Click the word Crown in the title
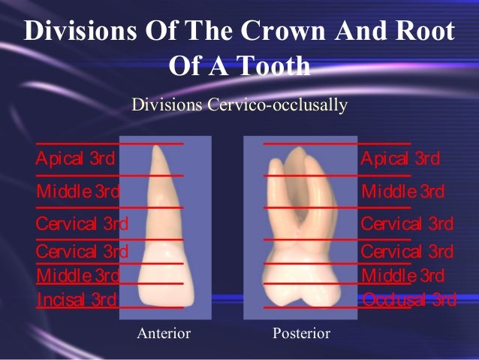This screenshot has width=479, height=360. [282, 32]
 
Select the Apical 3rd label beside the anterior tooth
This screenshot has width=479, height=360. [75, 159]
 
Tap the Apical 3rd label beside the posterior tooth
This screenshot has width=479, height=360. [400, 159]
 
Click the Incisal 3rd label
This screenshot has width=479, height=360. [76, 301]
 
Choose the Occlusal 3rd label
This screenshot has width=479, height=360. [408, 301]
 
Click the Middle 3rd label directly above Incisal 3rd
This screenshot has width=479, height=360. [77, 275]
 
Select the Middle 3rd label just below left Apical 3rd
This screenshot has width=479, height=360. [77, 192]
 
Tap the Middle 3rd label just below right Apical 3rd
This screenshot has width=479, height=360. [402, 192]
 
